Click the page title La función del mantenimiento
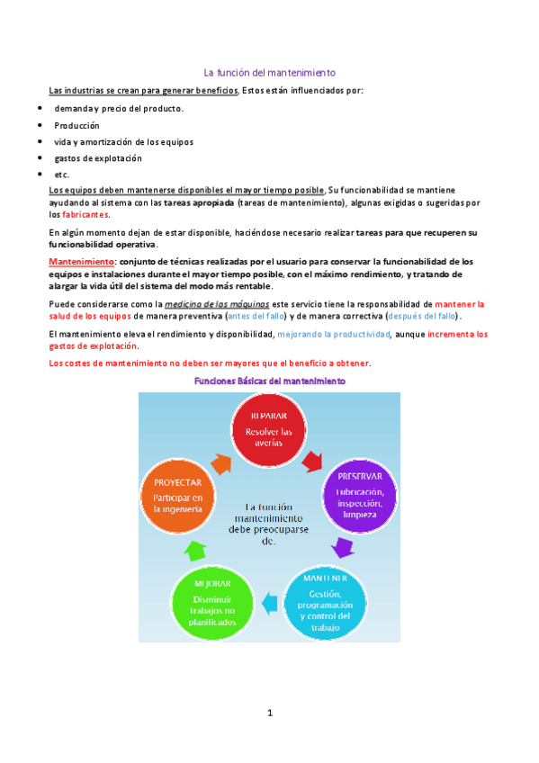[x=269, y=73]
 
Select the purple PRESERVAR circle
[x=360, y=490]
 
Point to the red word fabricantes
[x=85, y=215]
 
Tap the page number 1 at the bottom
[x=269, y=713]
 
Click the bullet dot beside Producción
[x=40, y=125]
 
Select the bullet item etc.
[x=62, y=175]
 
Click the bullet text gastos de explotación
[x=98, y=158]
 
